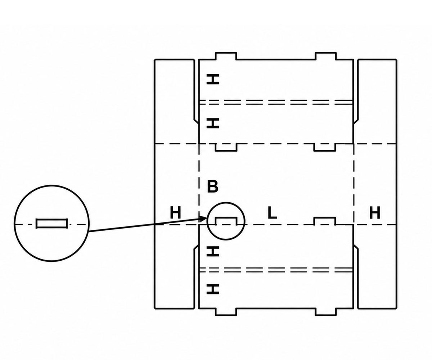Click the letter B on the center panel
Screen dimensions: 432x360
pos(213,187)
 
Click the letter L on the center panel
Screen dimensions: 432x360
pos(272,213)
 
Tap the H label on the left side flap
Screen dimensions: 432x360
pos(175,213)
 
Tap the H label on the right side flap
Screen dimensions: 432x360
pos(375,213)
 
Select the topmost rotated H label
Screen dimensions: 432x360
pos(213,80)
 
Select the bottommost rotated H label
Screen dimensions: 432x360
pos(213,289)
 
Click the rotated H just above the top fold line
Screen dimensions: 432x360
pos(213,123)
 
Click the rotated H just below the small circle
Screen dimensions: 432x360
pos(213,251)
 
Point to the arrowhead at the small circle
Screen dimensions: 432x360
pos(204,219)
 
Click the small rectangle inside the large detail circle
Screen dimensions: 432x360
pos(52,224)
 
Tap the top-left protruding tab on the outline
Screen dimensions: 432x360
pos(226,56)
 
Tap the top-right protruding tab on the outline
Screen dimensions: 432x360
pos(326,56)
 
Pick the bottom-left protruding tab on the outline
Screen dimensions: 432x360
pos(226,312)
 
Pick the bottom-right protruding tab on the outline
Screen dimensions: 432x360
pos(326,312)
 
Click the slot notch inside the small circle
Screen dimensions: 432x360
pos(226,221)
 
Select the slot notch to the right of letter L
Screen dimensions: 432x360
pos(325,221)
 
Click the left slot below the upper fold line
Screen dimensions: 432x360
pos(226,147)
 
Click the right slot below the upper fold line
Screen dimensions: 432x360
pos(325,147)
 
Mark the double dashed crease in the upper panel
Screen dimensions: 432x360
pos(276,102)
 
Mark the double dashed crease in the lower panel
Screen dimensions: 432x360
pos(276,270)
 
